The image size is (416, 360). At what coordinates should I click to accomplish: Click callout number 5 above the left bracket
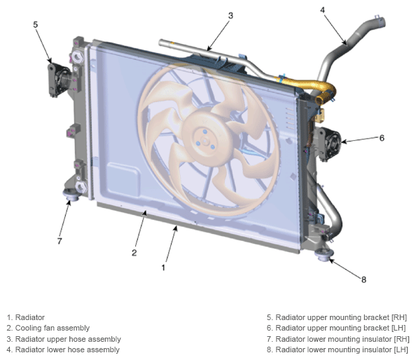(36, 25)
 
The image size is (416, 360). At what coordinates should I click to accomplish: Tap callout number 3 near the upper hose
(230, 15)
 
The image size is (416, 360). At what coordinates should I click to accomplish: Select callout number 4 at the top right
(322, 10)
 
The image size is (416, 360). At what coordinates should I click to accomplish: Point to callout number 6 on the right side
(382, 138)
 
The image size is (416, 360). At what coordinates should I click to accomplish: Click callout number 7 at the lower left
(60, 241)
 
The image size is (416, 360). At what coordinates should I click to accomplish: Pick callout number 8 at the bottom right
(363, 279)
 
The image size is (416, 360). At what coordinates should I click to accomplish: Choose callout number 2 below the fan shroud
(134, 253)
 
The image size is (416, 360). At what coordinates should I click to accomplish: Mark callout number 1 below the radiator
(163, 268)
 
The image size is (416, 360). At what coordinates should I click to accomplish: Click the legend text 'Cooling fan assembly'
(53, 328)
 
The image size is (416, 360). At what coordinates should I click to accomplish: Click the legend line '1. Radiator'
(25, 317)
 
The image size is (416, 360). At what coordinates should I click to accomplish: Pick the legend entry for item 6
(336, 328)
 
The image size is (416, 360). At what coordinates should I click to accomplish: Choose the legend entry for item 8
(337, 350)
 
